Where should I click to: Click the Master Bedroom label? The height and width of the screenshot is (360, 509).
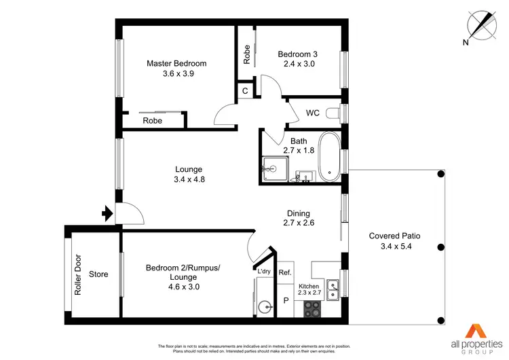click(176, 63)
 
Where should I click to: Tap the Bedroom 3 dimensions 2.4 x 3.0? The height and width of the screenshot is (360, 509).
click(295, 65)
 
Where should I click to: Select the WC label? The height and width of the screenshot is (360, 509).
click(313, 113)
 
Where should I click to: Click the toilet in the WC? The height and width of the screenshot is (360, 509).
click(333, 113)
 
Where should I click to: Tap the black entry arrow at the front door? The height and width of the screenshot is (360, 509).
click(106, 214)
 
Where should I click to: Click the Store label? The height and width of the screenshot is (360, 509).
click(98, 274)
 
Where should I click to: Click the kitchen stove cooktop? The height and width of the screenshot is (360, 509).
click(312, 308)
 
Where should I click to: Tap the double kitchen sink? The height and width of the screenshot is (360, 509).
click(333, 289)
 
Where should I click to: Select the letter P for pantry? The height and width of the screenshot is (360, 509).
click(286, 300)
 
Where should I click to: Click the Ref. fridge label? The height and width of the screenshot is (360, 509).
click(285, 272)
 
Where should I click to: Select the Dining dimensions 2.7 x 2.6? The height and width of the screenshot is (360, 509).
click(299, 222)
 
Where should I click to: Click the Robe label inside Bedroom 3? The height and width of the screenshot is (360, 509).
click(247, 54)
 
